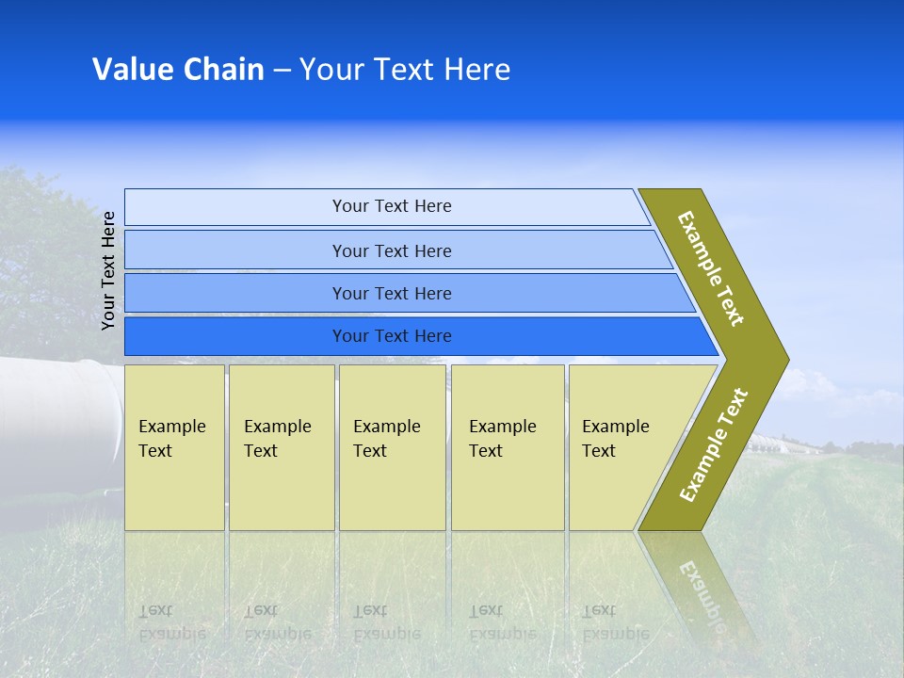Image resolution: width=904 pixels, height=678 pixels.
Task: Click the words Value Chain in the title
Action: [x=178, y=70]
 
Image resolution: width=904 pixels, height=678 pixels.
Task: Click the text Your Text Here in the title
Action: [x=405, y=70]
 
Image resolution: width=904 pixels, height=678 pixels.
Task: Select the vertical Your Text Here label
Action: [x=108, y=270]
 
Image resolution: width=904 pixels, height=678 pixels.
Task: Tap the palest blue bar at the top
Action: [x=386, y=206]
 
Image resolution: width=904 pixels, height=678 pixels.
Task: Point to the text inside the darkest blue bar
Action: [x=392, y=336]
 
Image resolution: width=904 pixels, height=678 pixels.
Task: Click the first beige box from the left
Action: [x=174, y=447]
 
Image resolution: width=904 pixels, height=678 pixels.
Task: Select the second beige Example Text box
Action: [x=282, y=447]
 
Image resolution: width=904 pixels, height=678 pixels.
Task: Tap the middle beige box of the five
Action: [x=392, y=447]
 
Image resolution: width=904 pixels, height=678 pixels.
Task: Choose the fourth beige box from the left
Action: [x=508, y=447]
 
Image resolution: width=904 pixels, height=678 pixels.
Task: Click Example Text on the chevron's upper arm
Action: [x=711, y=268]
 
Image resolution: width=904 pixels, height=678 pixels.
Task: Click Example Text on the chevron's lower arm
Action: [x=714, y=445]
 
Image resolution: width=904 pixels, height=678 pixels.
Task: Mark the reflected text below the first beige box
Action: [x=171, y=621]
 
